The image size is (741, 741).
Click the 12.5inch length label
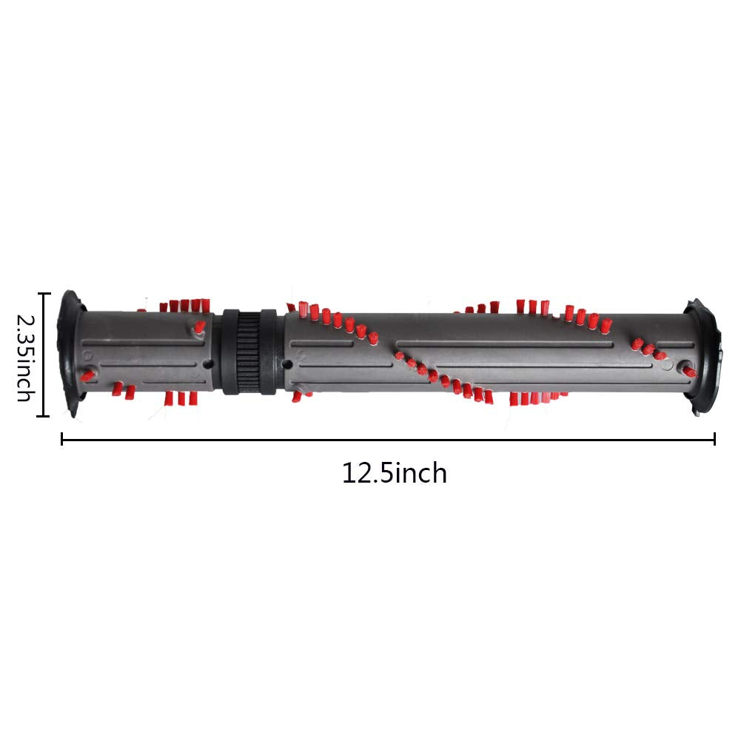point(394,473)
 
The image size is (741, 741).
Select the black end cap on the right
point(703,356)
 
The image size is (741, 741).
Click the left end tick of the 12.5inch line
point(61,439)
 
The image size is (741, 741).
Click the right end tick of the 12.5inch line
point(714,439)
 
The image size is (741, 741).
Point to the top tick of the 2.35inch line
point(44,294)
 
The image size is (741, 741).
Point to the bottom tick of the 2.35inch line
point(44,417)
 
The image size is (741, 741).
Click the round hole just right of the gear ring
point(287,363)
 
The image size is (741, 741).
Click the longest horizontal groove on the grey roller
point(503,343)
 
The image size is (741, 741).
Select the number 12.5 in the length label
point(368,473)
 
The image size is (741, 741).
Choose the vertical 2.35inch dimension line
point(44,355)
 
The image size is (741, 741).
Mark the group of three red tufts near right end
point(647,349)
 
